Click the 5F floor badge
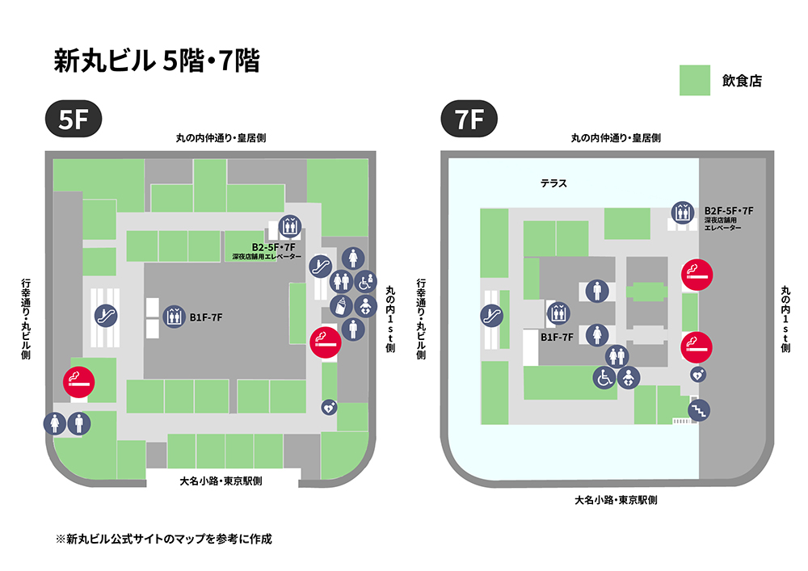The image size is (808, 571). click(x=73, y=120)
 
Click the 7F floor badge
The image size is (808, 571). click(x=468, y=120)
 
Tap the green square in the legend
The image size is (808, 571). click(x=694, y=80)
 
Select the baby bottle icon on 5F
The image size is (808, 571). click(x=341, y=305)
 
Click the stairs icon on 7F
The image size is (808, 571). click(x=698, y=410)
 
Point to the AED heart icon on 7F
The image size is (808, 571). click(x=697, y=375)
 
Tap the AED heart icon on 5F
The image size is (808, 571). click(x=329, y=408)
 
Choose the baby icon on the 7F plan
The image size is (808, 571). click(x=629, y=376)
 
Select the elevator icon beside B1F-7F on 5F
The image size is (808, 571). click(x=174, y=317)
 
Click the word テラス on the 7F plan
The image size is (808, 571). click(x=553, y=184)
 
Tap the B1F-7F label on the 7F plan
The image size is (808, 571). click(x=557, y=337)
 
